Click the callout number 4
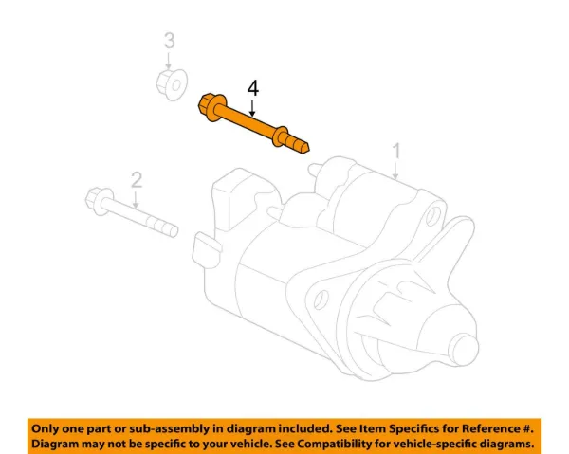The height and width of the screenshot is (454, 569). [253, 88]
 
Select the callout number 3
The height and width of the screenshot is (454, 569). [170, 41]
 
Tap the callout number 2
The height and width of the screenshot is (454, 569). [136, 180]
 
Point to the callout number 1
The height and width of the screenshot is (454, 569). [396, 151]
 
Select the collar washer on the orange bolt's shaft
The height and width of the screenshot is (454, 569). [280, 136]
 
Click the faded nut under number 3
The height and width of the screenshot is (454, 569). [172, 84]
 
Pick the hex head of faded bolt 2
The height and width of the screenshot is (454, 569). [96, 199]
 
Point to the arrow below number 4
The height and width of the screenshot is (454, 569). [253, 108]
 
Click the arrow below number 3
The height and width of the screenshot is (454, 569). [169, 61]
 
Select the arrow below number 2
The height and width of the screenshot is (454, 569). [136, 200]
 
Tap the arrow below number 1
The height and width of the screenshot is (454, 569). [395, 171]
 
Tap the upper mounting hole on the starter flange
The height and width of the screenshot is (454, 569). [432, 216]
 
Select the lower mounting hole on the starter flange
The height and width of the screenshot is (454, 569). [320, 300]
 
